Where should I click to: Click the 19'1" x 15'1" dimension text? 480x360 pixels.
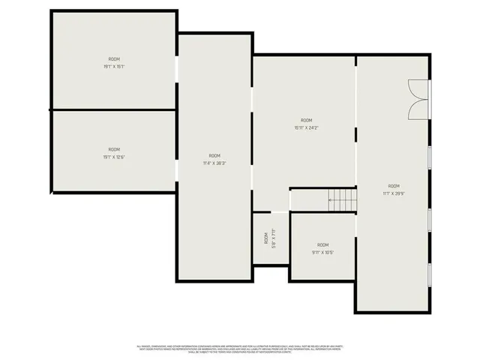[x=114, y=67]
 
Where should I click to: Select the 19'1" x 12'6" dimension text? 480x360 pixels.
[x=114, y=157]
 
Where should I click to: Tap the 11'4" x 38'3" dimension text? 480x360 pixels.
[x=214, y=163]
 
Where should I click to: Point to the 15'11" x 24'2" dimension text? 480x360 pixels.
[x=306, y=127]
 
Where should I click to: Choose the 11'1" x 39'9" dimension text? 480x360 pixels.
[x=394, y=193]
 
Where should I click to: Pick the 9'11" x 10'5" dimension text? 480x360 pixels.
[x=322, y=252]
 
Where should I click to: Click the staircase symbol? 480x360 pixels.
[x=341, y=200]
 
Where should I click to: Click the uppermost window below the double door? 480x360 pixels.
[x=430, y=158]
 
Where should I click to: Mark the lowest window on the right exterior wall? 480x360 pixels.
[x=430, y=274]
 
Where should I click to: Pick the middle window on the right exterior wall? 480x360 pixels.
[x=430, y=218]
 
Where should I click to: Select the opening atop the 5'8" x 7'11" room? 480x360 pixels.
[x=271, y=212]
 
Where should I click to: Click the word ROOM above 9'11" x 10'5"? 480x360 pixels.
[x=322, y=245]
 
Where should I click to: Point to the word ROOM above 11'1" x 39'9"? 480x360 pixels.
[x=394, y=186]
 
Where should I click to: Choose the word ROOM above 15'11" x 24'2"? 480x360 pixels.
[x=306, y=120]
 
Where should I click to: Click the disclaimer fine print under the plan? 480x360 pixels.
[x=240, y=349]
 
